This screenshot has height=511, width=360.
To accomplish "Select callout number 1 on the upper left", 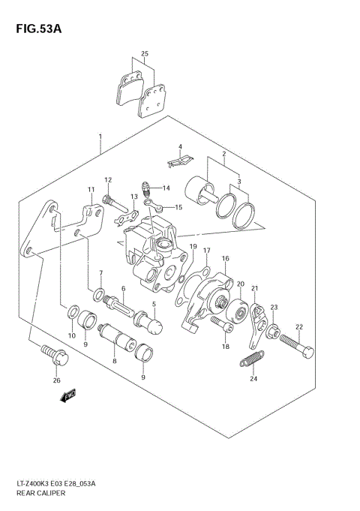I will [100, 137].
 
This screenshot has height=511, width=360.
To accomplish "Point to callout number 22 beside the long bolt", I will [298, 326].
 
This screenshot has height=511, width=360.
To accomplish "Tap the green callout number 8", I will [115, 361].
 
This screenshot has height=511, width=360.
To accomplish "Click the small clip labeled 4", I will [178, 158].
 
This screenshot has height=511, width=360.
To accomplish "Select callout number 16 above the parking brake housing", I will [223, 257].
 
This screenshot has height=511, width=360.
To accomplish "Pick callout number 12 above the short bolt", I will [108, 180].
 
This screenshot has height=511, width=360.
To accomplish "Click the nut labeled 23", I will [274, 329].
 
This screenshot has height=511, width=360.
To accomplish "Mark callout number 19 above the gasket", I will [193, 247].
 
